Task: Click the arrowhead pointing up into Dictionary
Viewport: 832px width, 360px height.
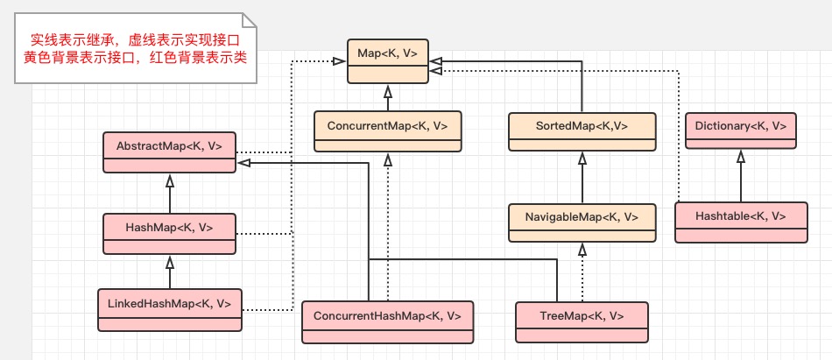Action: pos(740,157)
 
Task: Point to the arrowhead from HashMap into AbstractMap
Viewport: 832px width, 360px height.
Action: pos(170,180)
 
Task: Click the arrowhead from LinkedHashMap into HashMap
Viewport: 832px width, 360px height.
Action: pos(170,261)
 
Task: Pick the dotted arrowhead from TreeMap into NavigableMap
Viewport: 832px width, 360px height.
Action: pos(582,249)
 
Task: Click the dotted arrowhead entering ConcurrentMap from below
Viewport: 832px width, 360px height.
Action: pos(387,159)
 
